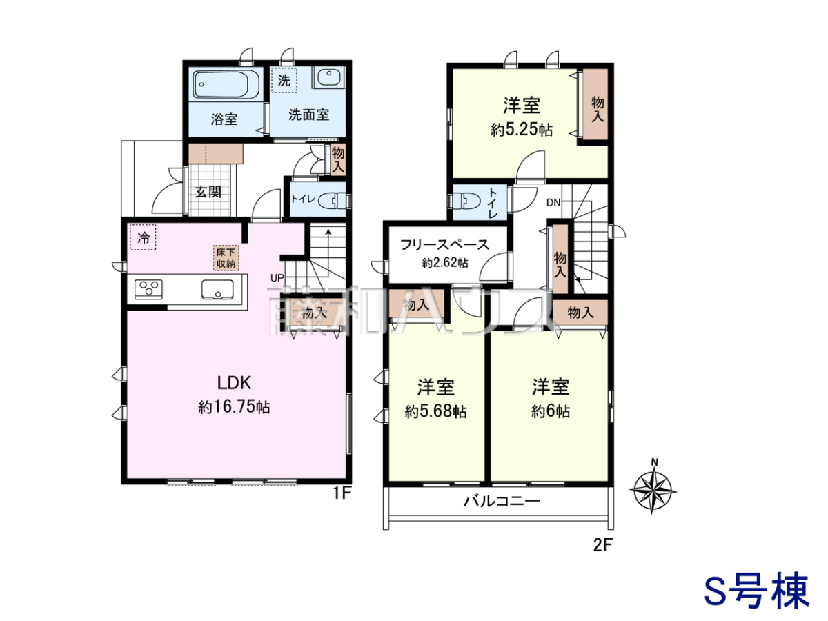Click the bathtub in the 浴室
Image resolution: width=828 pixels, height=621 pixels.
coord(226,85)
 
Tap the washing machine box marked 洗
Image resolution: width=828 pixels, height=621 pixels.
coord(284,80)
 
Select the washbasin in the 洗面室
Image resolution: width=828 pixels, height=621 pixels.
coord(328,78)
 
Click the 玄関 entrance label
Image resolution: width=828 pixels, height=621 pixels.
coord(208,192)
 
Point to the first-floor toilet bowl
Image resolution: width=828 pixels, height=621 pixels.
coord(332,200)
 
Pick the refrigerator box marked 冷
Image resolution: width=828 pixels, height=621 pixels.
coord(143,237)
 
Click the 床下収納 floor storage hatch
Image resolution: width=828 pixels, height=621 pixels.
coord(226,258)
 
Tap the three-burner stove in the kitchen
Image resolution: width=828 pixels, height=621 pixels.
coord(148,289)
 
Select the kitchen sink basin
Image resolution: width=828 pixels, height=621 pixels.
coord(217,290)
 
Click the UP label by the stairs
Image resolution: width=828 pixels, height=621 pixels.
coord(277,278)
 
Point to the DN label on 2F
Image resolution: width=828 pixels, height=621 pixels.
coord(553,203)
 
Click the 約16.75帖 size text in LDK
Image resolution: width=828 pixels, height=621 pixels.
coord(234,408)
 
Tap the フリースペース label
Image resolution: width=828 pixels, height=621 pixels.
coord(445,245)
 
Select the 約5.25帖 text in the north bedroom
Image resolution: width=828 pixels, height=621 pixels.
coord(522,130)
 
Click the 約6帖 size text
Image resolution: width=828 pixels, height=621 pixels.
coord(551,411)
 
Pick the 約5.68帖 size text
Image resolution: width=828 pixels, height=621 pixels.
coord(435,411)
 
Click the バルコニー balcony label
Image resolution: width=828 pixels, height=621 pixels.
coord(502,502)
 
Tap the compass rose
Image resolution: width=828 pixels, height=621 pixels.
coord(653,490)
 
